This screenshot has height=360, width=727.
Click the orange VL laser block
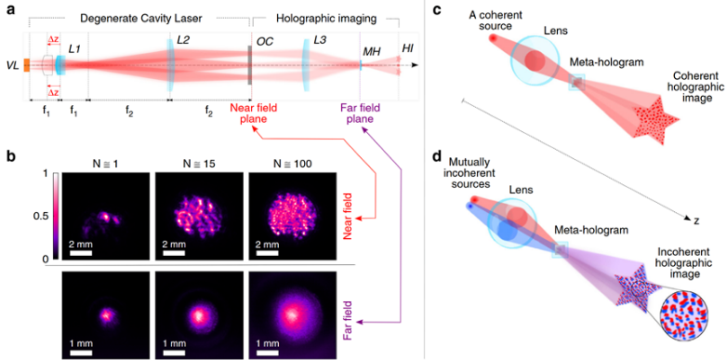click(x=27, y=65)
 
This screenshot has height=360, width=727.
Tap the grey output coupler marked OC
click(x=250, y=65)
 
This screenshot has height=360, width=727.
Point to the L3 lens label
click(x=320, y=40)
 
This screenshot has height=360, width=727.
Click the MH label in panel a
click(x=370, y=52)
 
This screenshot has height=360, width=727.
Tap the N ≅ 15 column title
click(x=198, y=165)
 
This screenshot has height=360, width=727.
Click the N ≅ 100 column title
click(x=293, y=165)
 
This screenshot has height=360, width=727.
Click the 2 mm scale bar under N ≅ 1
click(x=81, y=253)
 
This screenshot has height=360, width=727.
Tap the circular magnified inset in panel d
click(x=680, y=314)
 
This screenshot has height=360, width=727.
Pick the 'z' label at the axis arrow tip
click(x=696, y=221)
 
